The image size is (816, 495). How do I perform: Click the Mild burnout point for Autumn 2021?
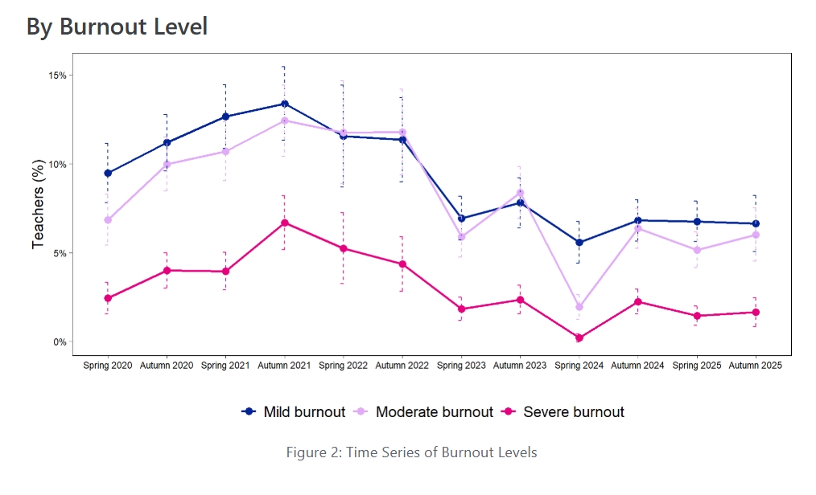pos(284,104)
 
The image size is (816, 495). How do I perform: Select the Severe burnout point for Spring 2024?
pos(579,337)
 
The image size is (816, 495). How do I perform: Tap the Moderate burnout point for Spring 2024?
pos(579,307)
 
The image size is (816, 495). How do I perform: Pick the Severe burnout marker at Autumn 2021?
pos(284,223)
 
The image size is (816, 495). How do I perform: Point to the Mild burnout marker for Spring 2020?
pos(108,173)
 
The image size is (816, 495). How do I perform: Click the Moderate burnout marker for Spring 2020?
pos(108,219)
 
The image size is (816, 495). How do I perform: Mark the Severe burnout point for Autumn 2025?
pos(756,313)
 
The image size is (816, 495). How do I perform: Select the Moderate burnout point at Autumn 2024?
pos(637,228)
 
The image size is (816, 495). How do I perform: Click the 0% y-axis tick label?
pos(59,342)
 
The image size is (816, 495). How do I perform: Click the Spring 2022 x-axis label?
pos(343,366)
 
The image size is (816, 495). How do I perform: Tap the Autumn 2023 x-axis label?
pos(520,366)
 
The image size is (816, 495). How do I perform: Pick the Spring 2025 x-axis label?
pos(696,366)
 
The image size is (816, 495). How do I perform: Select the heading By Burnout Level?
pos(117,27)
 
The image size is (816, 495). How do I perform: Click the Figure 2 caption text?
pos(411,452)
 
